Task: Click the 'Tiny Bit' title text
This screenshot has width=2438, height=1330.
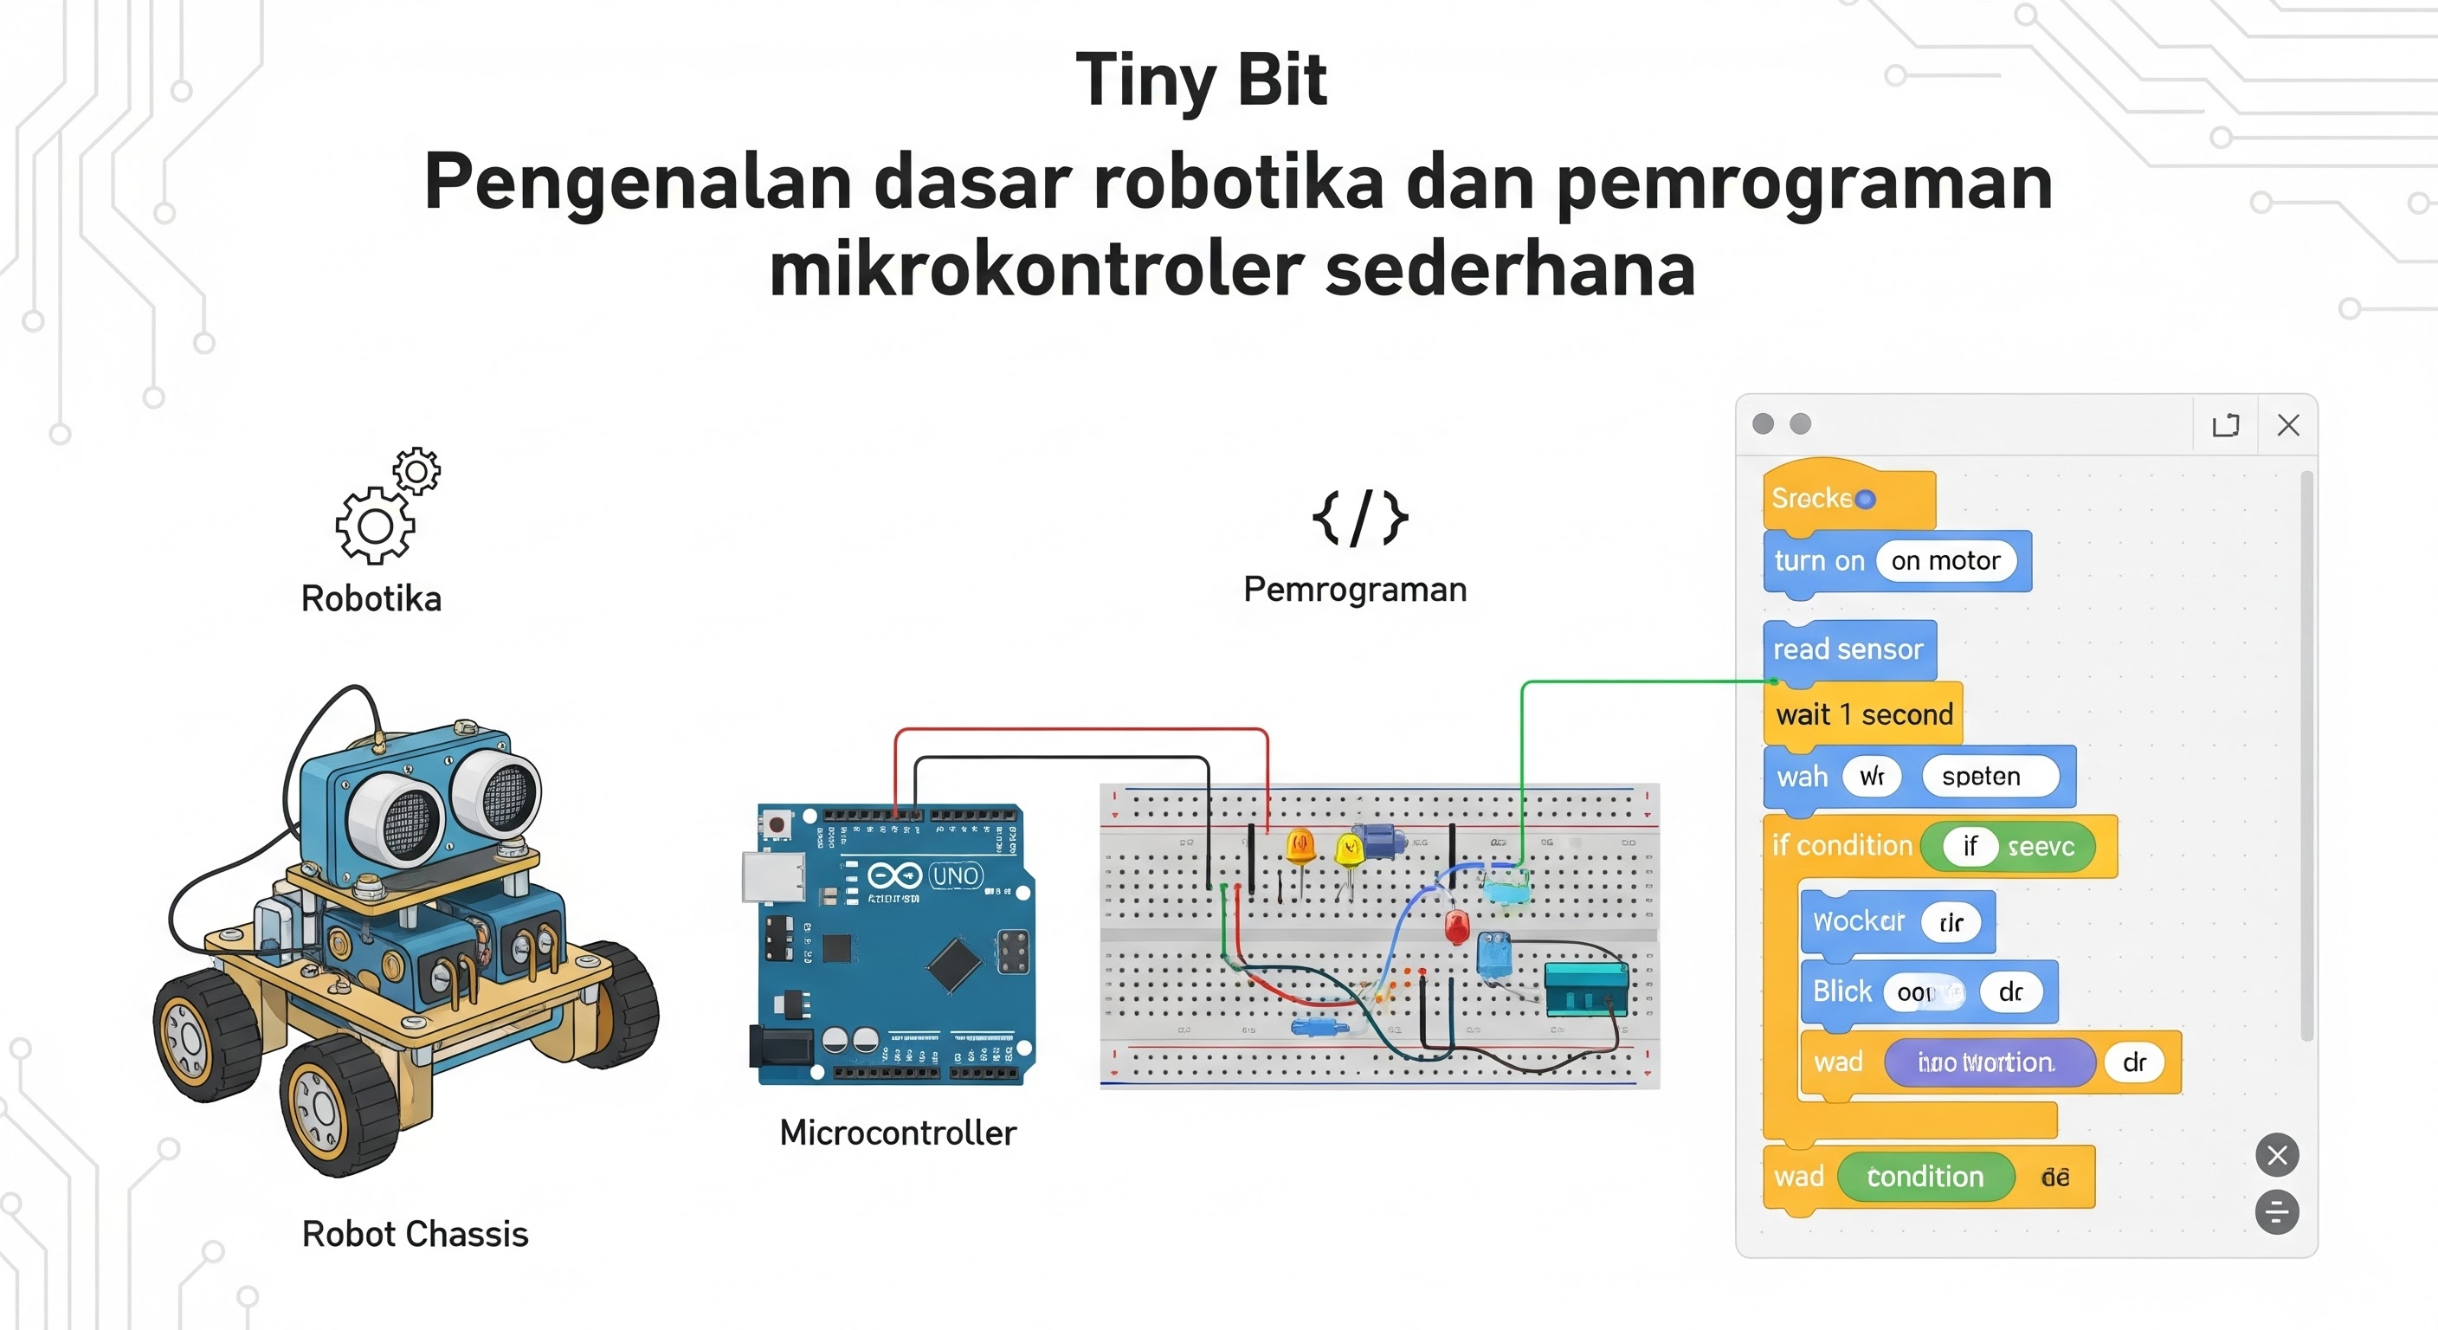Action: click(1201, 80)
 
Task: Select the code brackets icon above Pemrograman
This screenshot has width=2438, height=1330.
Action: click(1359, 518)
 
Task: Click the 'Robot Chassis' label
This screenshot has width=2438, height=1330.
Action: click(415, 1233)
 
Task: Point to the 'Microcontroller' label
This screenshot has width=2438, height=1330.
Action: click(897, 1133)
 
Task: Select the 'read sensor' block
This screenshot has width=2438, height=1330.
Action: click(1848, 649)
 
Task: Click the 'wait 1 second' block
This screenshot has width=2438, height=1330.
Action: click(1863, 713)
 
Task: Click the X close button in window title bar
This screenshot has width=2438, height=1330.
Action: click(2287, 425)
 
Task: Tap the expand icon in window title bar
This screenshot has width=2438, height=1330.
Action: click(2225, 425)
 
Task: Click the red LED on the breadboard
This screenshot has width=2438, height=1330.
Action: click(1456, 925)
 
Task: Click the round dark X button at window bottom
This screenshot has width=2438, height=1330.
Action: click(2276, 1155)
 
